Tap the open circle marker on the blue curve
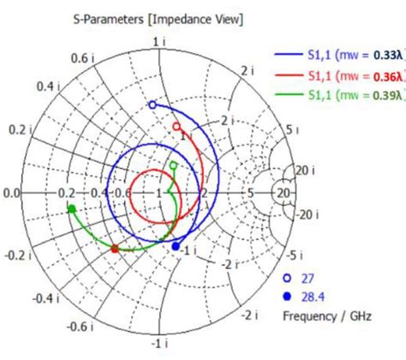152,105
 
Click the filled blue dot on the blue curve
176,247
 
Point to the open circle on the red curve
177,127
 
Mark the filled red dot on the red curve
116,249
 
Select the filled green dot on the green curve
72,208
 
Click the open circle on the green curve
174,165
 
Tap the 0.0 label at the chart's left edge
11,194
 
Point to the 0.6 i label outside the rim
81,57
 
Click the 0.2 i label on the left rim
16,129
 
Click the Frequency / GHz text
325,315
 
